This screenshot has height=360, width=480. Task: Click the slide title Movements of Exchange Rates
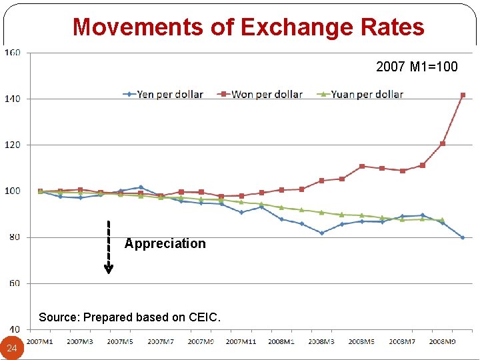coord(248,27)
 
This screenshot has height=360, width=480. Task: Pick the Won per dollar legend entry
coord(261,94)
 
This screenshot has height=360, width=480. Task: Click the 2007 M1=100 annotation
coord(417,67)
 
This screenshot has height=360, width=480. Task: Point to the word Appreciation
coord(165,243)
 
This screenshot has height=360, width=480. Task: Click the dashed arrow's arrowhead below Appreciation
coord(109,269)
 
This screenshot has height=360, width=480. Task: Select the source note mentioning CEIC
coord(129,317)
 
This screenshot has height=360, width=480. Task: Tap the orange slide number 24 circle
coord(12,348)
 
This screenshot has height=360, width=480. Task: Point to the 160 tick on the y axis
coord(13,53)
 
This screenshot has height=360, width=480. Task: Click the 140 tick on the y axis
coord(13,99)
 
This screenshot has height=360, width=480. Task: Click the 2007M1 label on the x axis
coord(40,341)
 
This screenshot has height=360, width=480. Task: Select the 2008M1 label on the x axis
coord(281,341)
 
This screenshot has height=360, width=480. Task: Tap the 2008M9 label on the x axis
coord(442,341)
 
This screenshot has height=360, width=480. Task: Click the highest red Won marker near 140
coord(463,95)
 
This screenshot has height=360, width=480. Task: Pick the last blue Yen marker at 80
coord(463,237)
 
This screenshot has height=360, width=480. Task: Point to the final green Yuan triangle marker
coord(442,219)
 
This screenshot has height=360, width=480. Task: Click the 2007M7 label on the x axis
coord(161,341)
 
